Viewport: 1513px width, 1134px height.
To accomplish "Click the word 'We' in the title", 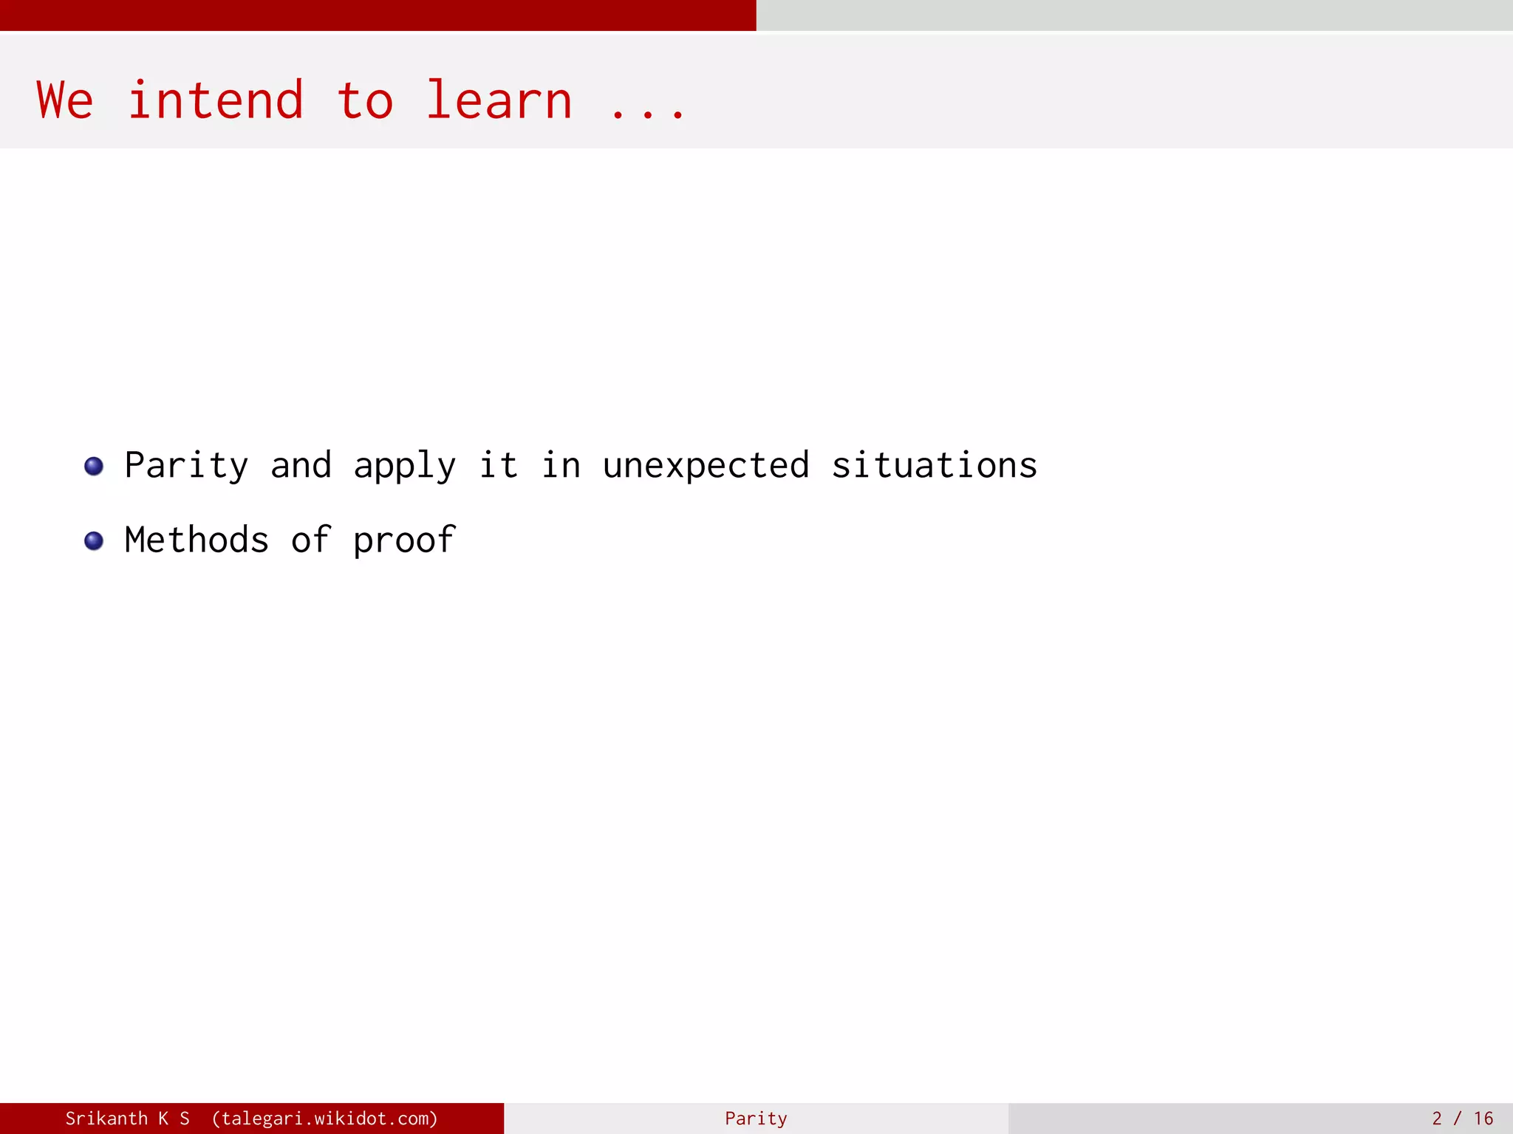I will [65, 101].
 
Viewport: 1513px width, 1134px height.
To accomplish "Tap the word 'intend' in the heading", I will [215, 101].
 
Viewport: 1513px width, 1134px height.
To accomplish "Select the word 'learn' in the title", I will [499, 101].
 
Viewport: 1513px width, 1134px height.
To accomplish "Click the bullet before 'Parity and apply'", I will [94, 467].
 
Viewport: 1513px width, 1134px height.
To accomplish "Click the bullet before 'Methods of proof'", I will [94, 541].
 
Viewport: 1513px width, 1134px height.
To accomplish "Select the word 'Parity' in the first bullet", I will [186, 467].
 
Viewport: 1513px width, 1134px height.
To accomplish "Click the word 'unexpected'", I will [706, 467].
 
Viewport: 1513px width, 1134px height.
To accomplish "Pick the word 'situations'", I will [934, 467].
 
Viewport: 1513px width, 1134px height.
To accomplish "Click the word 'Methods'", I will [197, 540].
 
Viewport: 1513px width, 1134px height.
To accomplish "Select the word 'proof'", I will [404, 541].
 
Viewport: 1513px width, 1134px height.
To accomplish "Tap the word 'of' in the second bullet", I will [310, 540].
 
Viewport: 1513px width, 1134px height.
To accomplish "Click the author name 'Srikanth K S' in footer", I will [127, 1118].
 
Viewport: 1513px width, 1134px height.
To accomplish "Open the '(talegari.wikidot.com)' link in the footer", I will [324, 1118].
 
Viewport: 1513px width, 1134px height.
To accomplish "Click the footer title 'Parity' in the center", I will [756, 1118].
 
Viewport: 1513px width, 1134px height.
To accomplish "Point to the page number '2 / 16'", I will [1462, 1118].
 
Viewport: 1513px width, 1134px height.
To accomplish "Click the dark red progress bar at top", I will [378, 15].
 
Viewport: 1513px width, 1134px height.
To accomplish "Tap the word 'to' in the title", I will [365, 101].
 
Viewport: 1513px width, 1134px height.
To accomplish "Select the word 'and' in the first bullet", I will [301, 467].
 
